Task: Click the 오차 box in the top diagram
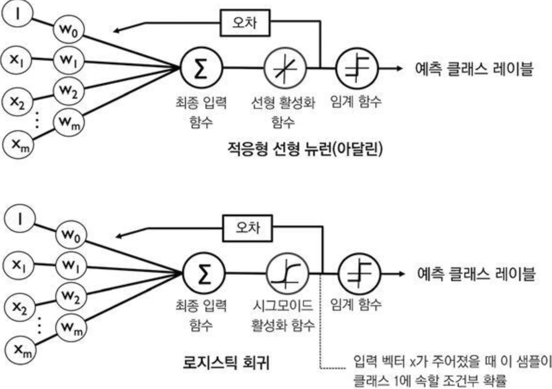244,24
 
